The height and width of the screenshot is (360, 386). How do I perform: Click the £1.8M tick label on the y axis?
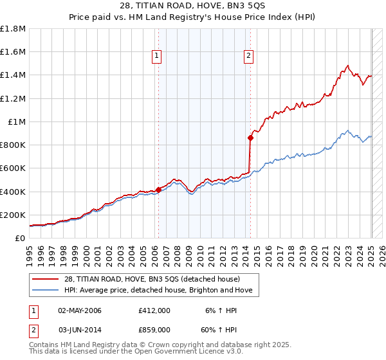pyautogui.click(x=14, y=29)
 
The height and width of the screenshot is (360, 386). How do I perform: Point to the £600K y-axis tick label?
pyautogui.click(x=14, y=168)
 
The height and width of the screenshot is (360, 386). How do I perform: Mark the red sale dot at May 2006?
pyautogui.click(x=158, y=190)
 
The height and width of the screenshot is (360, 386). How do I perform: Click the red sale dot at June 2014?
pyautogui.click(x=250, y=138)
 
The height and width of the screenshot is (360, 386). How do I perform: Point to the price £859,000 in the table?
pyautogui.click(x=154, y=329)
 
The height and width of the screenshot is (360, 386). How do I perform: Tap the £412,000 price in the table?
pyautogui.click(x=154, y=310)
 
